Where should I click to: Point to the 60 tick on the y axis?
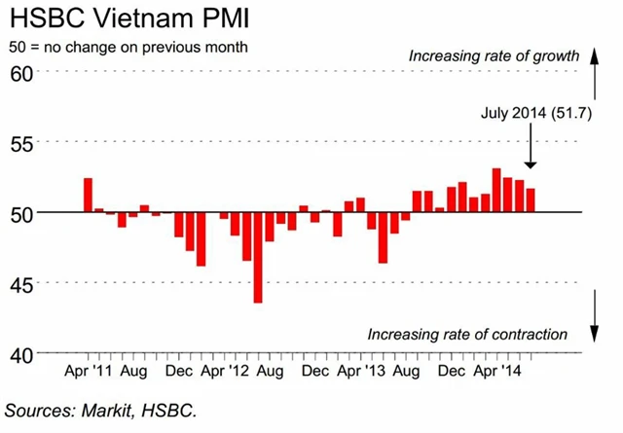pyautogui.click(x=20, y=72)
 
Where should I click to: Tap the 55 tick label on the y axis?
pyautogui.click(x=20, y=142)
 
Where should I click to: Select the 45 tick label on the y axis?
pyautogui.click(x=20, y=283)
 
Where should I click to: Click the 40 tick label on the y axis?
pyautogui.click(x=20, y=353)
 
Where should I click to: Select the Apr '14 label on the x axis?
pyautogui.click(x=493, y=371)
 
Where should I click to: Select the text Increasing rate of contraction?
pyautogui.click(x=467, y=334)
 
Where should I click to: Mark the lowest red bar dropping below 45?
pyautogui.click(x=258, y=257)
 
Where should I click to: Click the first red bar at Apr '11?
pyautogui.click(x=88, y=195)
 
